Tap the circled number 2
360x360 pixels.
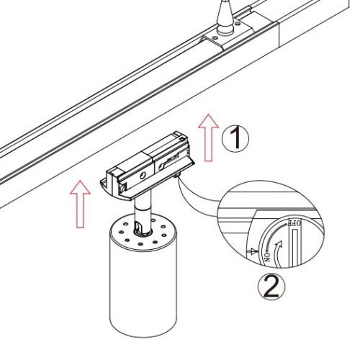271,287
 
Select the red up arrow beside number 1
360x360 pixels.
209,138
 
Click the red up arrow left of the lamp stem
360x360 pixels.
80,204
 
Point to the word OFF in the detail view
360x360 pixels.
294,223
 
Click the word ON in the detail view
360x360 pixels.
268,256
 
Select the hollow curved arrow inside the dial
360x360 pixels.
279,253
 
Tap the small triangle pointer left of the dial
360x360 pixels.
253,251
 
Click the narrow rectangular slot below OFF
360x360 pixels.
295,246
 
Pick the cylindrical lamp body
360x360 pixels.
143,276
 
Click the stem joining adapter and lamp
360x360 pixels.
143,211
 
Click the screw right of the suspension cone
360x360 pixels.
238,24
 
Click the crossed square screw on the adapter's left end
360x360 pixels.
122,187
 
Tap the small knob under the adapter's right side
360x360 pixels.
176,176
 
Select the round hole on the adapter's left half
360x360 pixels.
143,176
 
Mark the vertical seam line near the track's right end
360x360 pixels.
279,35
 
